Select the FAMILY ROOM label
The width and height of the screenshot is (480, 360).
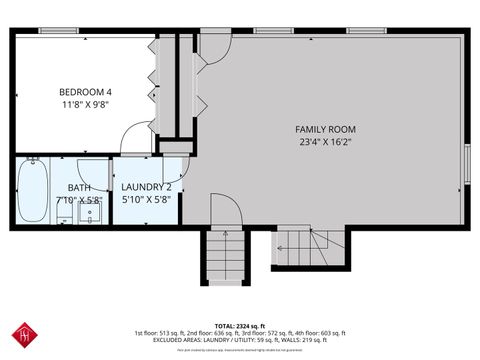325,129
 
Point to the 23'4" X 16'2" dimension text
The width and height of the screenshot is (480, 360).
325,142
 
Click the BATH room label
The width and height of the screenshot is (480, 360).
78,187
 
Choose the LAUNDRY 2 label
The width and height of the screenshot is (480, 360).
146,187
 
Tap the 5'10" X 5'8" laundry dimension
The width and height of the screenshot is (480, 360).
146,199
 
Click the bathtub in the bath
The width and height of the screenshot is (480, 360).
30,193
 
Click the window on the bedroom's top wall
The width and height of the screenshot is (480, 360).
58,31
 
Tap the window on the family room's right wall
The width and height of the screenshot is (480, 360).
467,163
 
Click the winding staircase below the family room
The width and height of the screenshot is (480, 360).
307,246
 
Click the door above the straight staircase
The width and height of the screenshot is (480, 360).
225,211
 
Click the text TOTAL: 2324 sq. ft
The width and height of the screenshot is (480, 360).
239,326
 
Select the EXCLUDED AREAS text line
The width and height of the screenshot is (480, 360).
239,340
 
